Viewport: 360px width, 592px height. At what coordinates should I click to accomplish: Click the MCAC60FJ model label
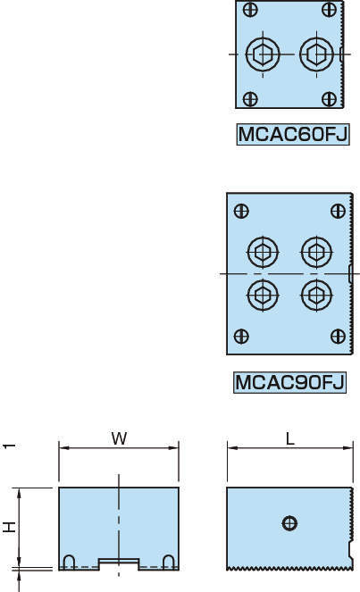coord(293,134)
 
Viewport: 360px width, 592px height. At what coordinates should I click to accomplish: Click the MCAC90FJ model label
coord(289,382)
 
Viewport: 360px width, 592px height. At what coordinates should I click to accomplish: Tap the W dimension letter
coord(120,438)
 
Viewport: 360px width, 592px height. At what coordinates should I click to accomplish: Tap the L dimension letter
coord(289,438)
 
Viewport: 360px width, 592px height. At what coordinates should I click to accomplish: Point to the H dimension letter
coord(9,527)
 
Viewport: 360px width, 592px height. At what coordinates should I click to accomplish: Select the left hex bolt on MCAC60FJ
coord(263,54)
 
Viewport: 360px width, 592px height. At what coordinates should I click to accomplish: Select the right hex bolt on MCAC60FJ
coord(316,54)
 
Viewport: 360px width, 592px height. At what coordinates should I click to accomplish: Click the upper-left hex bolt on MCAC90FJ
coord(263,252)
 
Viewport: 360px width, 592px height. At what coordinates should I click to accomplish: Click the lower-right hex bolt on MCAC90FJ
coord(316,295)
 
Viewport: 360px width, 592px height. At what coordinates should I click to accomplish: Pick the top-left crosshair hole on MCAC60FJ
coord(250,10)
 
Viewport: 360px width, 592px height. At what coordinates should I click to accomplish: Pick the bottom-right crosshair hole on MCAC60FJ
coord(329,99)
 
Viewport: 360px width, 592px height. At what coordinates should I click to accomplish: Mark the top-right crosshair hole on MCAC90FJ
coord(338,211)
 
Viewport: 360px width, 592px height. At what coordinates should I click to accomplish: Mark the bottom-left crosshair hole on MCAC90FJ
coord(241,336)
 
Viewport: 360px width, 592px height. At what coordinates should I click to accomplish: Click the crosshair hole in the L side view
coord(289,523)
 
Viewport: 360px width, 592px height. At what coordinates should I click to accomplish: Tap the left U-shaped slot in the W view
coord(69,562)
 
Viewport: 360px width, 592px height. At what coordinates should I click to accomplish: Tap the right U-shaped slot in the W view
coord(168,562)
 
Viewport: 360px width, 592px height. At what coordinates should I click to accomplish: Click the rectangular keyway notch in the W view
coord(119,563)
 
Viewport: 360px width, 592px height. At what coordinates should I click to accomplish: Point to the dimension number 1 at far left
coord(9,446)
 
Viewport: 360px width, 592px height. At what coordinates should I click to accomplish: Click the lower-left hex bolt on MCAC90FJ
coord(263,295)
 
